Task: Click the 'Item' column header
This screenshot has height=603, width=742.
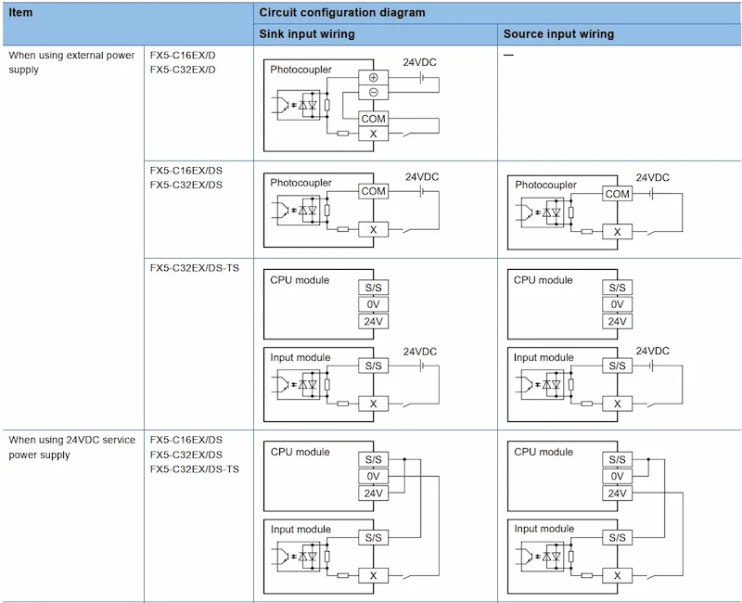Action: [x=20, y=12]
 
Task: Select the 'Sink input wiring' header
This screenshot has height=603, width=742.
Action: [x=307, y=34]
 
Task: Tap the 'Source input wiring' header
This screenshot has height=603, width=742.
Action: [x=558, y=34]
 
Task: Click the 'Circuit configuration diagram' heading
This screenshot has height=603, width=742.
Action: [x=341, y=12]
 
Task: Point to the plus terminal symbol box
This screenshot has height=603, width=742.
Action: [x=374, y=77]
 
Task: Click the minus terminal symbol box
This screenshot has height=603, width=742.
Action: [x=374, y=92]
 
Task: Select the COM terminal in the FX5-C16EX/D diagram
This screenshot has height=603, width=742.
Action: [x=374, y=119]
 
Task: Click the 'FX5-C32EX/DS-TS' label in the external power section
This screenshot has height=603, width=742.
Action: [x=195, y=268]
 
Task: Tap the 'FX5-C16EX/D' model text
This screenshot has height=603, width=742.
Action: [x=183, y=55]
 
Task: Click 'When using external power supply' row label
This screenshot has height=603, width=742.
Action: [x=72, y=62]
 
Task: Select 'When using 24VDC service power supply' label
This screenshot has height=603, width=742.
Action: [x=72, y=447]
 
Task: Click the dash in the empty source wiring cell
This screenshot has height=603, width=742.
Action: [x=508, y=55]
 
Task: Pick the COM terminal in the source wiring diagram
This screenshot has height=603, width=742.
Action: [x=617, y=194]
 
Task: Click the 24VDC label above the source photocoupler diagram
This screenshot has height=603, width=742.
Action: [x=653, y=177]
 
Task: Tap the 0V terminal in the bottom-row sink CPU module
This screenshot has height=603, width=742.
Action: [x=374, y=476]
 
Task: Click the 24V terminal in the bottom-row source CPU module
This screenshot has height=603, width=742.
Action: [x=617, y=494]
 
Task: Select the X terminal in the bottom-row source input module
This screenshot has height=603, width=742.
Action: [x=617, y=575]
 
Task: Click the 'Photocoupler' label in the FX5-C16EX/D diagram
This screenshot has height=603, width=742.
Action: [x=301, y=70]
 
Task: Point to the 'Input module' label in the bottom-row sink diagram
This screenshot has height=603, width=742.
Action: [x=301, y=529]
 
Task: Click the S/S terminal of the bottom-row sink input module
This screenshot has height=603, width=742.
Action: [x=374, y=538]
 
